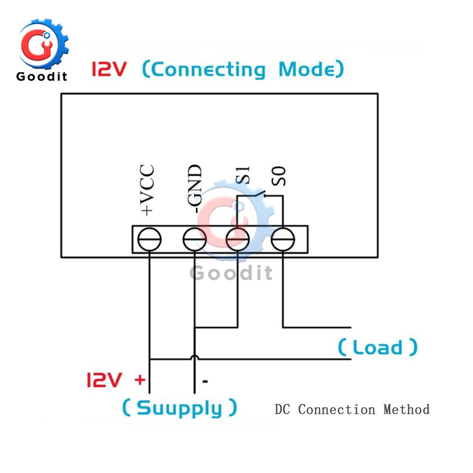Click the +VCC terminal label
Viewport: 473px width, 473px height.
coord(149,190)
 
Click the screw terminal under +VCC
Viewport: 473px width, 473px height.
coord(149,240)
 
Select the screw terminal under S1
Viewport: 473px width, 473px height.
coord(237,240)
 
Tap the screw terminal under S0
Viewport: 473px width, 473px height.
coord(282,240)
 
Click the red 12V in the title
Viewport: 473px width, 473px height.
coord(109,70)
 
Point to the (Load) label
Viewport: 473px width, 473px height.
coord(377,347)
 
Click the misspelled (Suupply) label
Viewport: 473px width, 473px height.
coord(179,408)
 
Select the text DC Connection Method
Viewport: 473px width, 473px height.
coord(352,409)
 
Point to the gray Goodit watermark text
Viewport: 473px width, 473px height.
coord(231,273)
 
